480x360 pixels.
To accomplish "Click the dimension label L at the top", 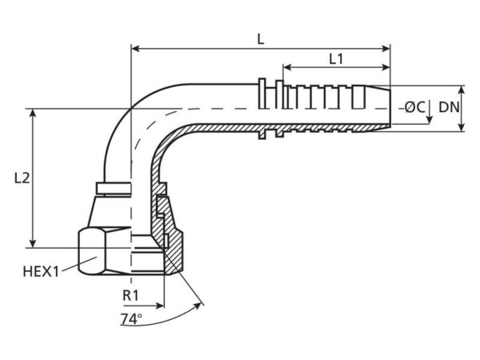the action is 261,39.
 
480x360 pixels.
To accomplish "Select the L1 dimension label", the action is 336,58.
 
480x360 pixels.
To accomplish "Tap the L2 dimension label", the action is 22,178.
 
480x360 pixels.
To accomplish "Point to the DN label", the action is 449,107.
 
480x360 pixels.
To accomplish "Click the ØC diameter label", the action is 415,107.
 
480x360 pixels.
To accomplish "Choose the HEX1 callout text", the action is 41,271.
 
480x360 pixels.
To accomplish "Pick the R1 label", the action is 130,295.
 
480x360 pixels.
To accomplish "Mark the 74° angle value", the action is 132,318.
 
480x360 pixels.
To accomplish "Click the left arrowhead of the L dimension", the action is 136,48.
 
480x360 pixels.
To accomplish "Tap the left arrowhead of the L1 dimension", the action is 288,67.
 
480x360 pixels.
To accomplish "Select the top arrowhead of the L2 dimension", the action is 33,114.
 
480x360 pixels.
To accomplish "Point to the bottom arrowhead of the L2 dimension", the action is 33,243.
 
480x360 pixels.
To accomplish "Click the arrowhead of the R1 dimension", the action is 160,306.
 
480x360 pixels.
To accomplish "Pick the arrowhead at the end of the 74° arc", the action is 198,306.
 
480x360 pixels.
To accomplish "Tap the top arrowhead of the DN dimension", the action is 462,90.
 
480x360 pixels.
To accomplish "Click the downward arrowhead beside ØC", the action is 430,120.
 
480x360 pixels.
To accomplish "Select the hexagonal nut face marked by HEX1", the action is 92,251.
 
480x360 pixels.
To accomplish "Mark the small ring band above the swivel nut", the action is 114,188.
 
